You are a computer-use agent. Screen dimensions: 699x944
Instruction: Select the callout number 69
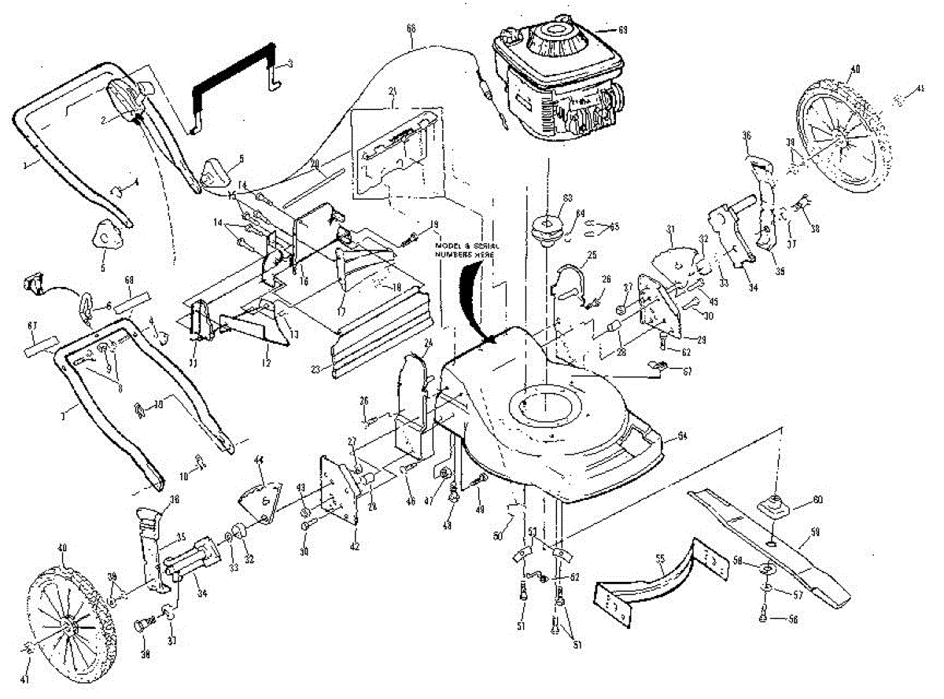622,30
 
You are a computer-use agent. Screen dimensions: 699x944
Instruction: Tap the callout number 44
259,458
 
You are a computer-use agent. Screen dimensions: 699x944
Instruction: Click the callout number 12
267,362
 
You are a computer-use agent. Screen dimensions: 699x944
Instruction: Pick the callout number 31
671,229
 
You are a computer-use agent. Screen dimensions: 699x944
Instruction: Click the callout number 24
429,343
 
